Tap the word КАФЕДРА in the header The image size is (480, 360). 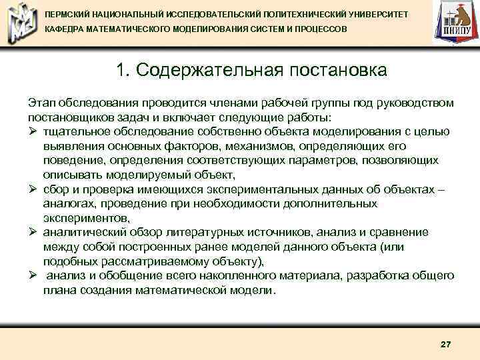click(64, 31)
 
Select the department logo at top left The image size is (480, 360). click(21, 23)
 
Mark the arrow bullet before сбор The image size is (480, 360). click(33, 189)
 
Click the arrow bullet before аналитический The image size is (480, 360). click(33, 232)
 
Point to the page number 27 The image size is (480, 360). click(446, 344)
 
